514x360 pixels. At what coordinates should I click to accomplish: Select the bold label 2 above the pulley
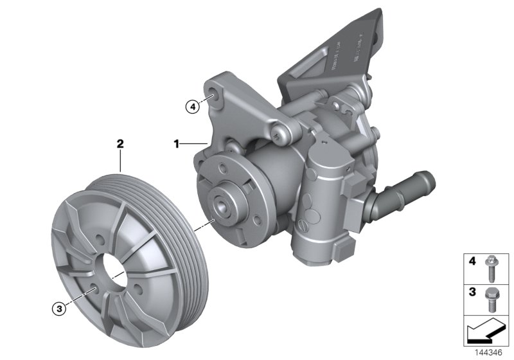pyautogui.click(x=120, y=144)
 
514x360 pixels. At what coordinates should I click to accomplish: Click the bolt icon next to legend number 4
pyautogui.click(x=490, y=268)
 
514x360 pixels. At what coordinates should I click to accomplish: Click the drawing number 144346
pyautogui.click(x=489, y=352)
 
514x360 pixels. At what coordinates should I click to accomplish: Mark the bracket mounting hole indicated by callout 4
pyautogui.click(x=213, y=96)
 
